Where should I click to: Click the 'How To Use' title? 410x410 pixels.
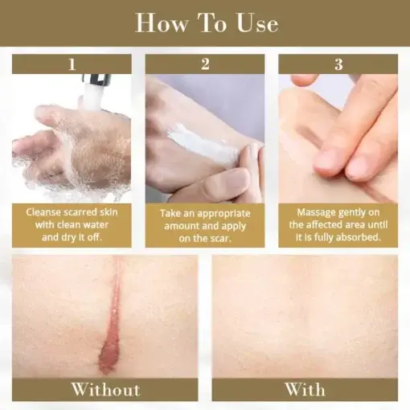tap(207, 23)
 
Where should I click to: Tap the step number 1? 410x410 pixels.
tap(72, 64)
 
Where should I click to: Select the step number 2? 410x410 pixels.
tap(205, 64)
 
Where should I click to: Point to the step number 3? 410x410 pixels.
tap(338, 64)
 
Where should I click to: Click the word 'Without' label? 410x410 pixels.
tap(105, 389)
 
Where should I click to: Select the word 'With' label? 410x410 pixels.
tap(305, 389)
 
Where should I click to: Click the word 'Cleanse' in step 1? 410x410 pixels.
tap(43, 212)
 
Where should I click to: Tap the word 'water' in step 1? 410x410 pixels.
tap(95, 224)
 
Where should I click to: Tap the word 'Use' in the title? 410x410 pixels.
tap(257, 24)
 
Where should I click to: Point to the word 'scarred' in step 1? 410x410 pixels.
tap(80, 212)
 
